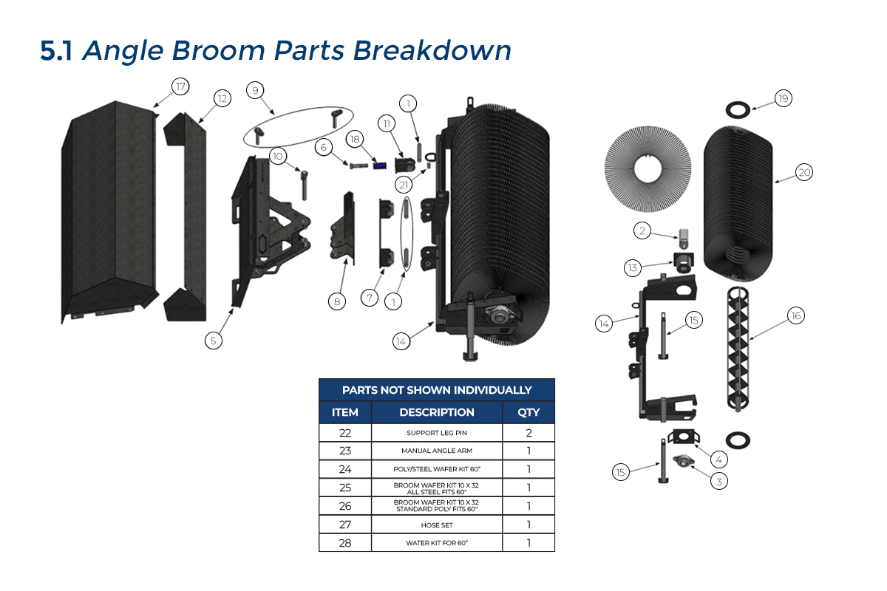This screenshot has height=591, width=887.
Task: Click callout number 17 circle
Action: tap(180, 86)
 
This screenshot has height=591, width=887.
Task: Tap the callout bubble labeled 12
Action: tap(222, 98)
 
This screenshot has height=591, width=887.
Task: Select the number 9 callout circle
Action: tap(255, 91)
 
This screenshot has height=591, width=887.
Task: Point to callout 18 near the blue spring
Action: tap(355, 139)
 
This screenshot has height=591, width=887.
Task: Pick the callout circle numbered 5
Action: tap(214, 341)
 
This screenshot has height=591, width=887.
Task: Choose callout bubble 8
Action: tap(337, 301)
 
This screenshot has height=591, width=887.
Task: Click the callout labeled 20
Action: tap(804, 172)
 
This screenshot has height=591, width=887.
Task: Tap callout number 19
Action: tap(783, 98)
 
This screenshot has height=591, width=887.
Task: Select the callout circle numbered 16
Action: tap(795, 315)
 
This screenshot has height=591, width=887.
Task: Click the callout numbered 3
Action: tap(718, 481)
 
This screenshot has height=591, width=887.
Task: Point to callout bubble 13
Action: tap(632, 267)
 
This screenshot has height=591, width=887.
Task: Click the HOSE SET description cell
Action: tap(436, 525)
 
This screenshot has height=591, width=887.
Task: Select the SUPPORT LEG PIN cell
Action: tap(436, 432)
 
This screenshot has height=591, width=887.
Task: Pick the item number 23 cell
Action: tap(344, 451)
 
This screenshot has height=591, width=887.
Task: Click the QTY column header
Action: tap(529, 412)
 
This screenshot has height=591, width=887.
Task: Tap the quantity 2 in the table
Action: tap(529, 432)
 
